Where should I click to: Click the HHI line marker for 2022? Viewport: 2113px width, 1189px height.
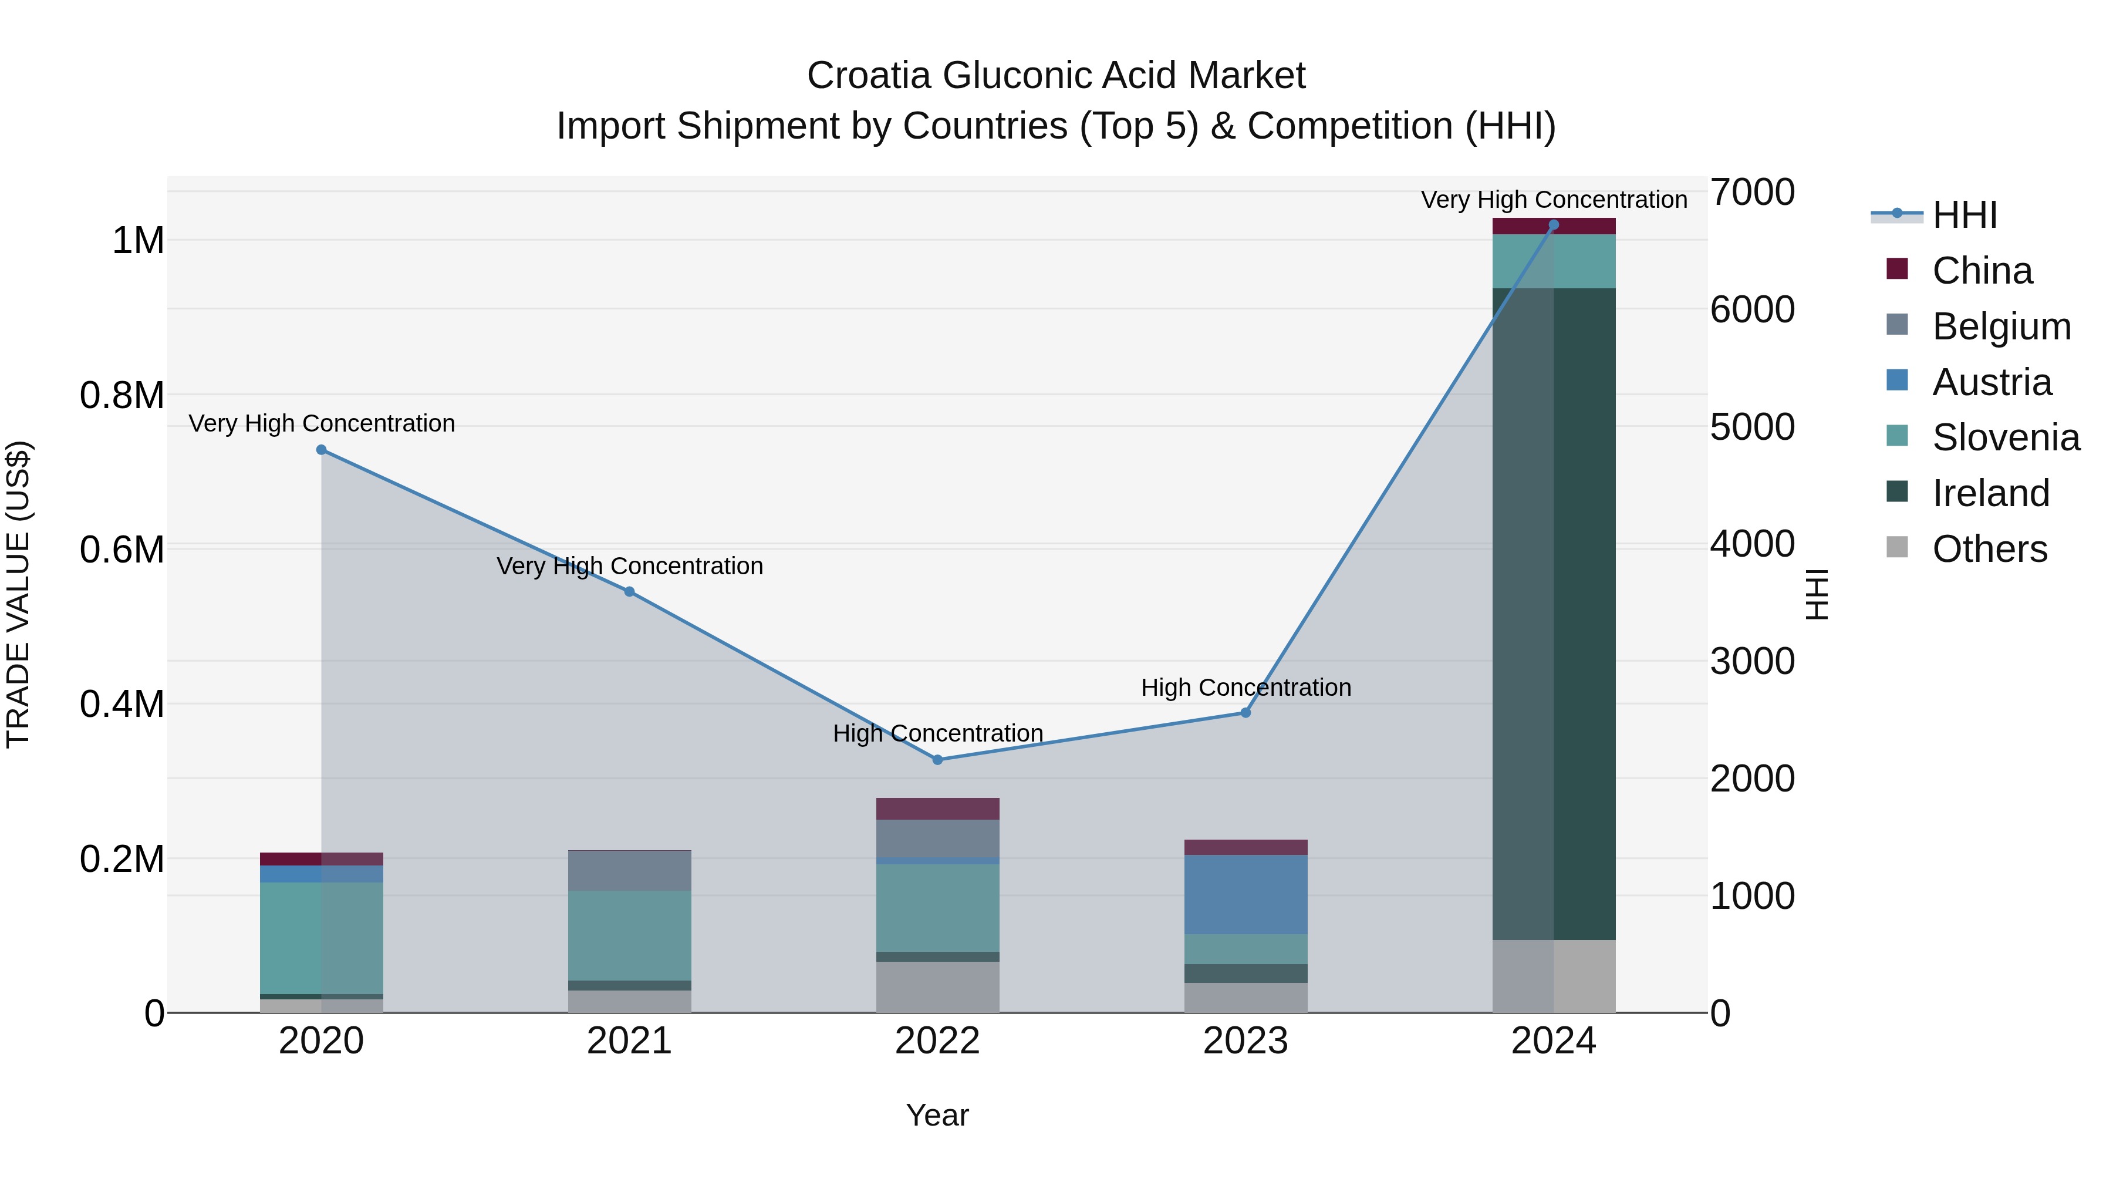click(937, 760)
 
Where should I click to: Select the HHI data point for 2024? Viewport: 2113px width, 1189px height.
click(1554, 225)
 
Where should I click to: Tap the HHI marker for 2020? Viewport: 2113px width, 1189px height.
click(322, 450)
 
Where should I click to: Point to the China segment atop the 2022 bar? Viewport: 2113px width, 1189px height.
click(937, 809)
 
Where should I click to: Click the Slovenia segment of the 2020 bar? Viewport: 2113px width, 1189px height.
click(322, 938)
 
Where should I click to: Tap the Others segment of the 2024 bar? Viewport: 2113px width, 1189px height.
click(1554, 976)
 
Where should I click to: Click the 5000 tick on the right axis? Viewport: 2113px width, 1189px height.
click(1752, 427)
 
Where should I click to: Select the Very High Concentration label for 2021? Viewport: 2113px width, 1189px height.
click(629, 566)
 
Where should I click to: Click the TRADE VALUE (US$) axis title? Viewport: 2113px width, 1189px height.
click(18, 594)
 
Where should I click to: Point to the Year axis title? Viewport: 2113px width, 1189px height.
click(937, 1115)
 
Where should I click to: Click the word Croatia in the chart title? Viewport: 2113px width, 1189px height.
click(869, 76)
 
